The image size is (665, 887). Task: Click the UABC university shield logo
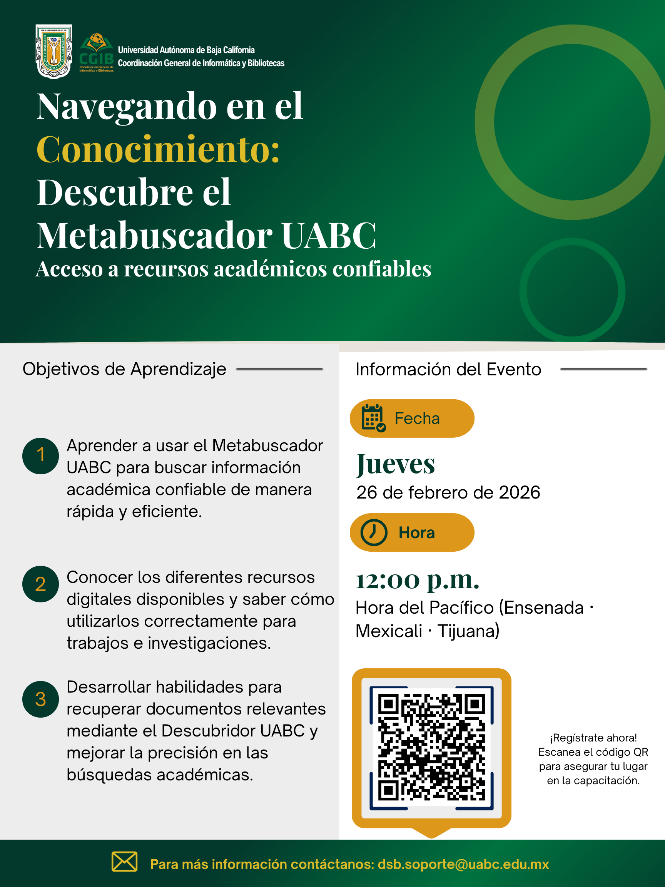(54, 51)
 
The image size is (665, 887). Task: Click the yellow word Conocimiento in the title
(158, 150)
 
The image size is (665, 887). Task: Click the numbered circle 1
(40, 455)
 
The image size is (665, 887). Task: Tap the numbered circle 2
(40, 584)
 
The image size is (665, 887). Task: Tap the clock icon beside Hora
(374, 532)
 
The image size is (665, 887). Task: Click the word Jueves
(396, 464)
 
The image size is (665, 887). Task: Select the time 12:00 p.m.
(417, 580)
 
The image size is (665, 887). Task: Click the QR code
(431, 748)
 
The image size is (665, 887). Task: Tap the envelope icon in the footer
(124, 861)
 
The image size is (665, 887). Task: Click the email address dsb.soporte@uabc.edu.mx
(463, 864)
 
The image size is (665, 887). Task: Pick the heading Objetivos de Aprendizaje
(124, 369)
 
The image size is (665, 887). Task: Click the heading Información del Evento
(448, 369)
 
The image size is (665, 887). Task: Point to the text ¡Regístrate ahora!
(593, 738)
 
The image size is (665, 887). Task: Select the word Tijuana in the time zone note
(468, 631)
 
